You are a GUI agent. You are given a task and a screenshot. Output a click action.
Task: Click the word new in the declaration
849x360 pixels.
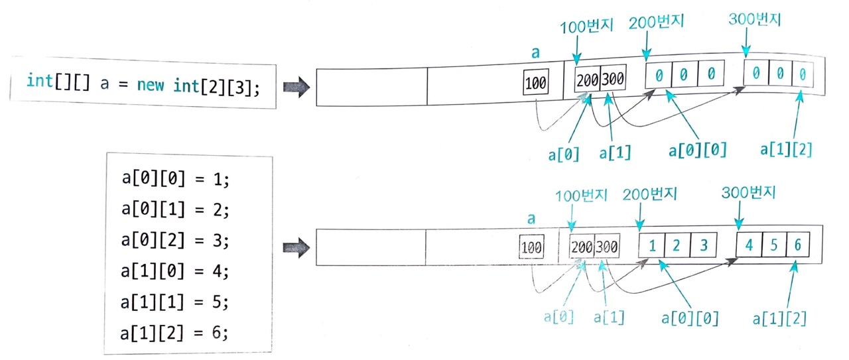click(x=153, y=84)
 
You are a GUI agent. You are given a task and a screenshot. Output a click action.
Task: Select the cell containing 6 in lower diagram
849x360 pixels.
click(x=797, y=244)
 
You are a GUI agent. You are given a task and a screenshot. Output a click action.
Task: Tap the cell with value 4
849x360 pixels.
click(x=749, y=245)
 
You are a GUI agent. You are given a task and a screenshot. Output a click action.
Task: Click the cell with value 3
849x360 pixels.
click(x=702, y=245)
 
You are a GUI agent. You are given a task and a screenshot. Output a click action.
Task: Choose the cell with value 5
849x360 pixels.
click(x=773, y=245)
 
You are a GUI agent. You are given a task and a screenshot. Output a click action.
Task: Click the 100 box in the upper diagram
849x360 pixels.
click(x=536, y=84)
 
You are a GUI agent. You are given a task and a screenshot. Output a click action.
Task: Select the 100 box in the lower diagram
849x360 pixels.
click(x=531, y=248)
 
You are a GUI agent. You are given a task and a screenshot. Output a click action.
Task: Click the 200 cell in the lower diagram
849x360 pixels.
click(x=582, y=248)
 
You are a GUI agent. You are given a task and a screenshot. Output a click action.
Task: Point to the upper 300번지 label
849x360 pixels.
click(x=753, y=19)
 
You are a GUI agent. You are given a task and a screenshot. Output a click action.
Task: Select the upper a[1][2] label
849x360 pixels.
click(x=787, y=150)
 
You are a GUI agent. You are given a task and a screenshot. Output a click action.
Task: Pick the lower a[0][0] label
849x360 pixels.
click(x=690, y=318)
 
